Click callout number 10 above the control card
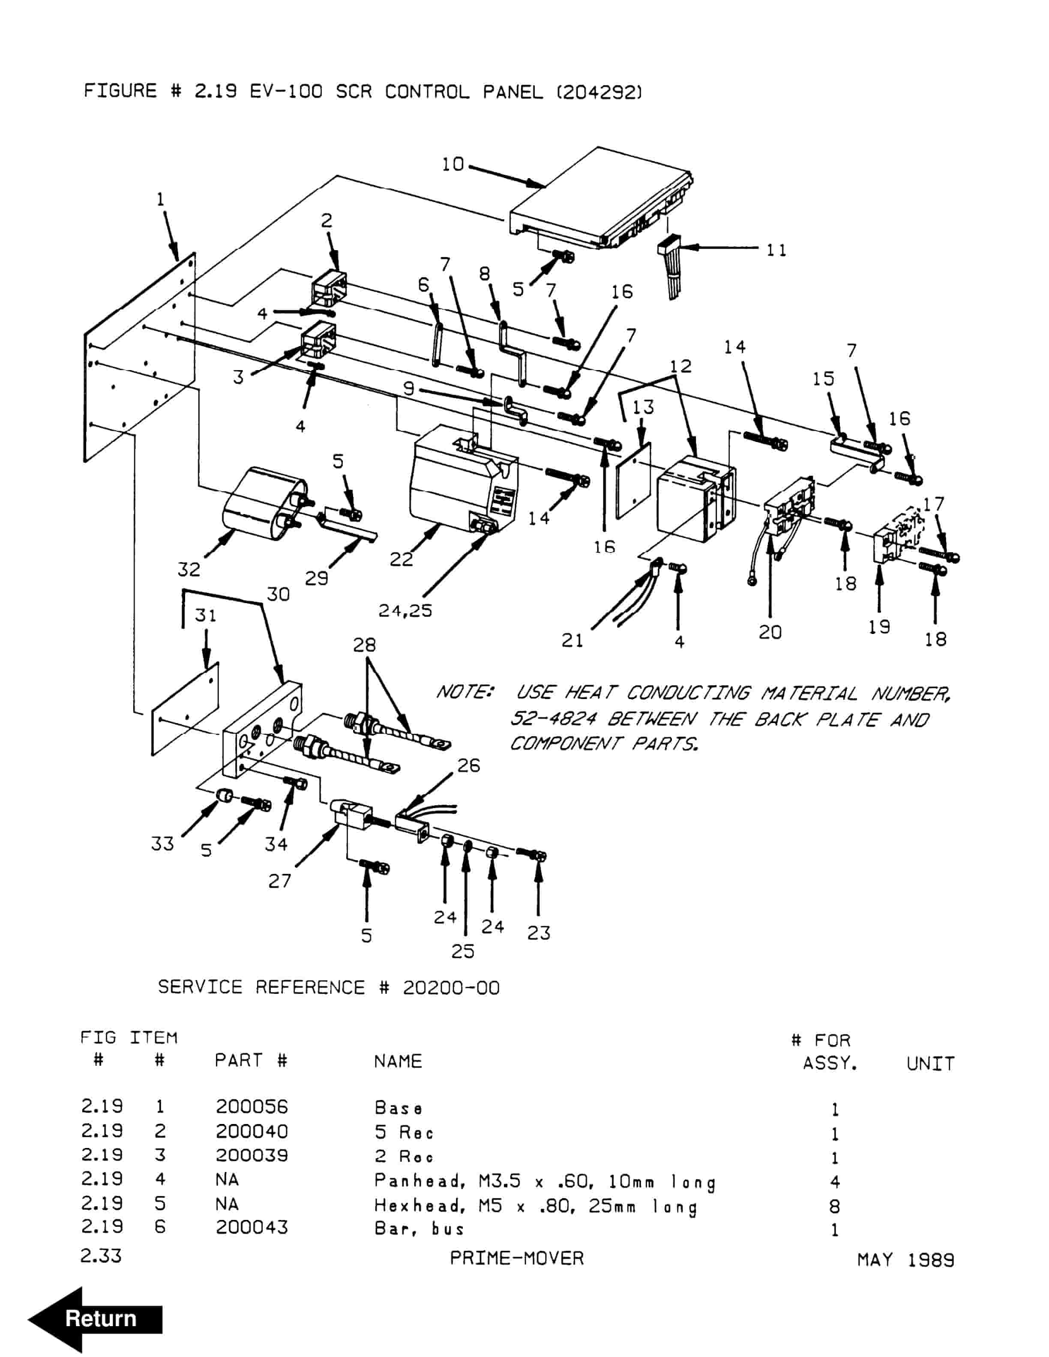point(453,164)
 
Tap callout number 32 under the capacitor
point(189,569)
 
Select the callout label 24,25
point(405,611)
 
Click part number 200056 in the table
point(252,1106)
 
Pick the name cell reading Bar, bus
point(420,1228)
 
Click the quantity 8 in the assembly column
point(835,1206)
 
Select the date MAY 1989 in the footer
point(905,1260)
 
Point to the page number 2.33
point(101,1256)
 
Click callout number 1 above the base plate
point(160,200)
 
